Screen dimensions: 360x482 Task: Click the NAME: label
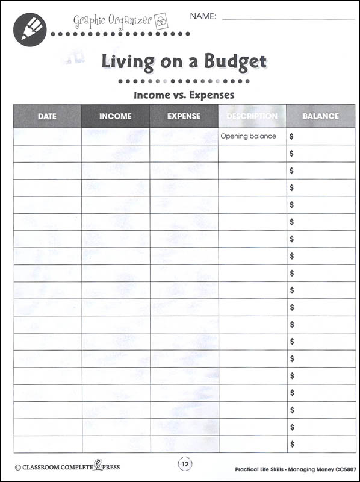click(x=203, y=17)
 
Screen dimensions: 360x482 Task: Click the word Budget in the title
click(x=231, y=61)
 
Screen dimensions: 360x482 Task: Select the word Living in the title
click(x=128, y=61)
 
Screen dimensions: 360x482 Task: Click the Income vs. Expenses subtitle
click(x=184, y=95)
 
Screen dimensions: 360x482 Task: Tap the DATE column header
click(x=47, y=116)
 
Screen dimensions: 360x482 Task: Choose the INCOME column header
click(x=115, y=116)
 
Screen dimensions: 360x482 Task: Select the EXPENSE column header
click(x=184, y=116)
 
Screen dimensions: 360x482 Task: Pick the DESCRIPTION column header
click(x=252, y=116)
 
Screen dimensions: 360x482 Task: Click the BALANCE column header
click(x=321, y=116)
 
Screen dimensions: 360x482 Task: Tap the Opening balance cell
click(x=248, y=136)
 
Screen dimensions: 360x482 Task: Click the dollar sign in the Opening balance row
click(x=292, y=137)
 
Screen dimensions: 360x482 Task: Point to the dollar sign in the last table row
click(x=292, y=444)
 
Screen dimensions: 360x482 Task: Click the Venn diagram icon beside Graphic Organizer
click(x=161, y=19)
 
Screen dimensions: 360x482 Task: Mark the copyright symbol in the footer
click(x=18, y=466)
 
